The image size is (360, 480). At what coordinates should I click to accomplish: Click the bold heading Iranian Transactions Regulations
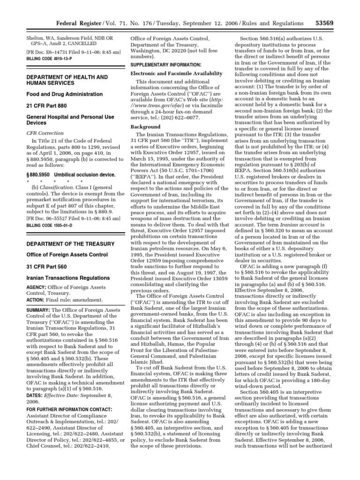pos(68,278)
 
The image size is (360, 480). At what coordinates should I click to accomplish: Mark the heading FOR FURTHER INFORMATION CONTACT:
pos(68,410)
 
